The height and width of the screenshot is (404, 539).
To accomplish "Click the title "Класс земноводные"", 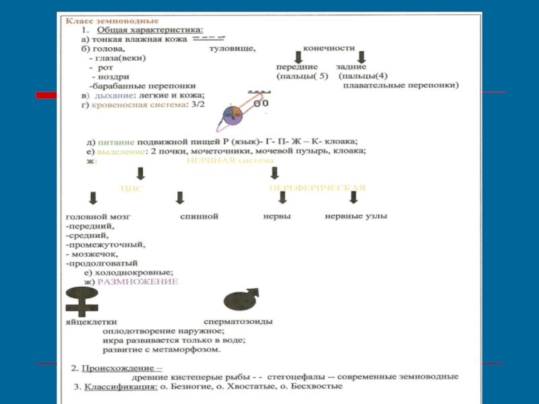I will [97, 21].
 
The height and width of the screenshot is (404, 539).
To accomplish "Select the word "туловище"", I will [232, 48].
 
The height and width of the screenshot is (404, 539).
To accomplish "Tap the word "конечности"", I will [329, 48].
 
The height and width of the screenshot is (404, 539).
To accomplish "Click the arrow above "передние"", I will [296, 58].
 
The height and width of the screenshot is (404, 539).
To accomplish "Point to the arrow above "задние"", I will [360, 58].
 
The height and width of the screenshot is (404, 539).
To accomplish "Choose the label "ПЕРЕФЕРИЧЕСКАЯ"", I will [317, 188].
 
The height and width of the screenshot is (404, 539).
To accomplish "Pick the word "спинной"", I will [199, 217].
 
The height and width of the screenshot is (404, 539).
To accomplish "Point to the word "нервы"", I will [277, 216].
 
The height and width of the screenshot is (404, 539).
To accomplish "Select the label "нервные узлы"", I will [356, 216].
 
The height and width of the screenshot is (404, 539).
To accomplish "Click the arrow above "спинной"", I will [180, 198].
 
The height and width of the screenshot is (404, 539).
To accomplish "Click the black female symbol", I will [83, 302].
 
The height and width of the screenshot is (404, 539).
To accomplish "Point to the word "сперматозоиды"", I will [239, 322].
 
